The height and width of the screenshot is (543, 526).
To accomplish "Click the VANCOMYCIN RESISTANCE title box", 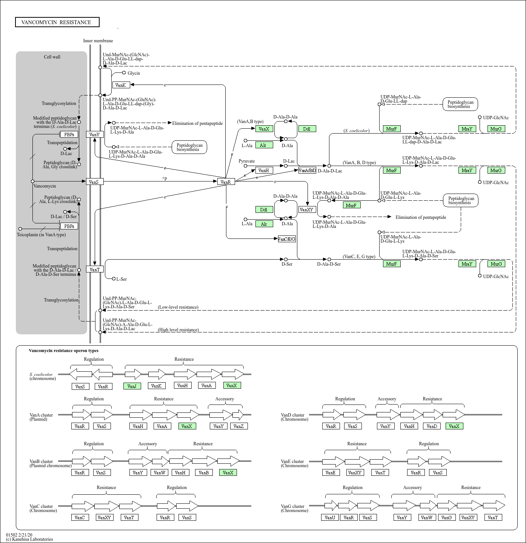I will [x=57, y=22].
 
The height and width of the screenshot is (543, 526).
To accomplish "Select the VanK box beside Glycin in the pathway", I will [x=121, y=85].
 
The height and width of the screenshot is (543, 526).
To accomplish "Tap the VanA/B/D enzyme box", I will [x=307, y=171].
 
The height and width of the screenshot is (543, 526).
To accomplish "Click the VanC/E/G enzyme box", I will [x=286, y=239].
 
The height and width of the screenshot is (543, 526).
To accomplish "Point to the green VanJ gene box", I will [x=132, y=386].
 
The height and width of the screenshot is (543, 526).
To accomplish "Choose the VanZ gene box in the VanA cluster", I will [x=238, y=426].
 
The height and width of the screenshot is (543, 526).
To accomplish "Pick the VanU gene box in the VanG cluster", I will [x=330, y=517].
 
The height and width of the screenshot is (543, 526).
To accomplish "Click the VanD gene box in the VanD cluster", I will [x=432, y=426].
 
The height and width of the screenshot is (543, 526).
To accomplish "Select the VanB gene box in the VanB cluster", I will [x=204, y=472].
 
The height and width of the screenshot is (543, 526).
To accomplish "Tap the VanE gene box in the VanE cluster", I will [x=331, y=472].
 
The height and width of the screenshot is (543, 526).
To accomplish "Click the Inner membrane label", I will [x=98, y=41].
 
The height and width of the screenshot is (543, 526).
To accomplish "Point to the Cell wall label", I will [x=52, y=57].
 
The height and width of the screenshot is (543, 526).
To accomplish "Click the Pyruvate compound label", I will [x=246, y=161].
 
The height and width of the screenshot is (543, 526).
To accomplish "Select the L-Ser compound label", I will [x=122, y=279].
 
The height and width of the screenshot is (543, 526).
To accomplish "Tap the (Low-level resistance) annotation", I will [x=178, y=307].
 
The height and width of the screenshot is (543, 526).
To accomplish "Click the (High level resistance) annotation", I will [x=178, y=330].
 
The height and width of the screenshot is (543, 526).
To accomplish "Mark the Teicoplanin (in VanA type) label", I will [x=41, y=235].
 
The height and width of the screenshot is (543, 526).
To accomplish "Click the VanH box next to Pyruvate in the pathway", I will [x=264, y=171].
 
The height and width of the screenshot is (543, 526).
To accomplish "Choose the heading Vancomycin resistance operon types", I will [x=63, y=351].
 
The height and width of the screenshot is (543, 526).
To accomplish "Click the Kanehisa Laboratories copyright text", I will [x=29, y=539].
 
